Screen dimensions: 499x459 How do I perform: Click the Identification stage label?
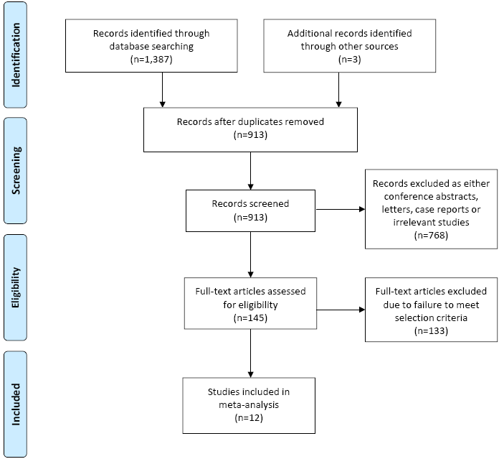16,55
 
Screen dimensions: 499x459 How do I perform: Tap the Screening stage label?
16,170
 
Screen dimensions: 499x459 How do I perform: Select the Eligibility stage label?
16,287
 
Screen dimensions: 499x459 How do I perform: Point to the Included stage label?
16,404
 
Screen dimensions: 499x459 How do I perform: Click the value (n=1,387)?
151,60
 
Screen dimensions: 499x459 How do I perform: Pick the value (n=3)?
349,60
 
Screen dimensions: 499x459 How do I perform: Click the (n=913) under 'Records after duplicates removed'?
250,135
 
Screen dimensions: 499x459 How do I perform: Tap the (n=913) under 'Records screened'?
250,218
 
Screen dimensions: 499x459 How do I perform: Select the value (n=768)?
431,236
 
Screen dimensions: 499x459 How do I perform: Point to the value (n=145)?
250,318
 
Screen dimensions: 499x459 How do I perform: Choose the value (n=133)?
431,331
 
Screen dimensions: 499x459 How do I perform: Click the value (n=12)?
249,418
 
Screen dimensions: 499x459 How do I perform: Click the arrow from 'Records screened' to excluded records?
341,210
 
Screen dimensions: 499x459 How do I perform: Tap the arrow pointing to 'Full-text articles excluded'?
341,310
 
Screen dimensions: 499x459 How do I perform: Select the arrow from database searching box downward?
162,90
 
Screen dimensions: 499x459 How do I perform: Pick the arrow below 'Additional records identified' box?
338,90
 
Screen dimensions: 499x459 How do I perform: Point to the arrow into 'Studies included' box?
250,353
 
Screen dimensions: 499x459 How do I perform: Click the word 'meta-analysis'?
249,405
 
